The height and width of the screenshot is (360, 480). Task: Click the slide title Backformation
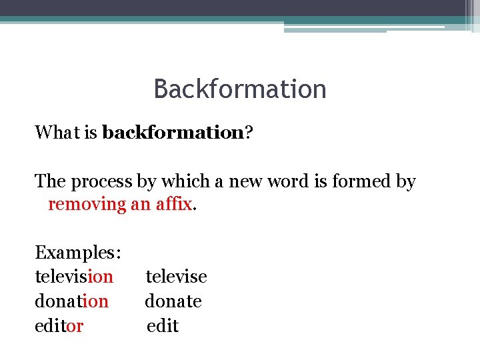240,89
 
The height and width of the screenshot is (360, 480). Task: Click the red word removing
87,204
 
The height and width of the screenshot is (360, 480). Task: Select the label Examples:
78,253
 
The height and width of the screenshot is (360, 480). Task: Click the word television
74,276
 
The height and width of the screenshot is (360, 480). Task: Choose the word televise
177,276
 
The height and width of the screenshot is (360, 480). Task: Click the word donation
71,301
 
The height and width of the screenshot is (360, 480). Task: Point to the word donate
173,301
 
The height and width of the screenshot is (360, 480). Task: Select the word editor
59,326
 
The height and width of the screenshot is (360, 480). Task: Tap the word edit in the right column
163,326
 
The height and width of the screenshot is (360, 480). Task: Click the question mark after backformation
248,133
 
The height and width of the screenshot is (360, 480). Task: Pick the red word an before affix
140,204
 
